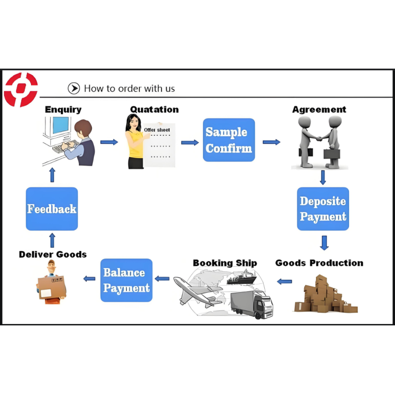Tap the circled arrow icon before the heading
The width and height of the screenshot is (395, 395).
[74, 88]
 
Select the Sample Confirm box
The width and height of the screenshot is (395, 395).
[229, 140]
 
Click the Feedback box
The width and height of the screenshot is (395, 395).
[52, 209]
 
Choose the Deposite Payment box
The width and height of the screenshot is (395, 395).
[323, 209]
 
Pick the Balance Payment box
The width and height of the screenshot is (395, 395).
[126, 280]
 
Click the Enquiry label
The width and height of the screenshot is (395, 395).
[63, 110]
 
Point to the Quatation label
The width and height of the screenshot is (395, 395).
[155, 109]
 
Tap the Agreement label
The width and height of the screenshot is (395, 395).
[319, 110]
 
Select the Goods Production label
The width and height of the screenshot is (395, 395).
[319, 263]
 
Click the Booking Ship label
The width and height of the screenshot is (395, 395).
[225, 263]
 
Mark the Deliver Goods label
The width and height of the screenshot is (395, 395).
[53, 254]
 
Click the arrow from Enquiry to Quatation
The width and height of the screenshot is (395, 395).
[109, 142]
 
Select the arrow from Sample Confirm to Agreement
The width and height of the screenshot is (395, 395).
[272, 142]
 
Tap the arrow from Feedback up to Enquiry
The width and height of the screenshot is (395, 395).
[52, 175]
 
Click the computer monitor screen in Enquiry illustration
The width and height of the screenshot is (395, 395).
[61, 126]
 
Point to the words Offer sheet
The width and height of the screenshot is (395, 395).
[157, 130]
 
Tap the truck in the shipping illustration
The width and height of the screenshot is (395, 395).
[252, 304]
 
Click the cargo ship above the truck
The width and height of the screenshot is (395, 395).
[241, 277]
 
